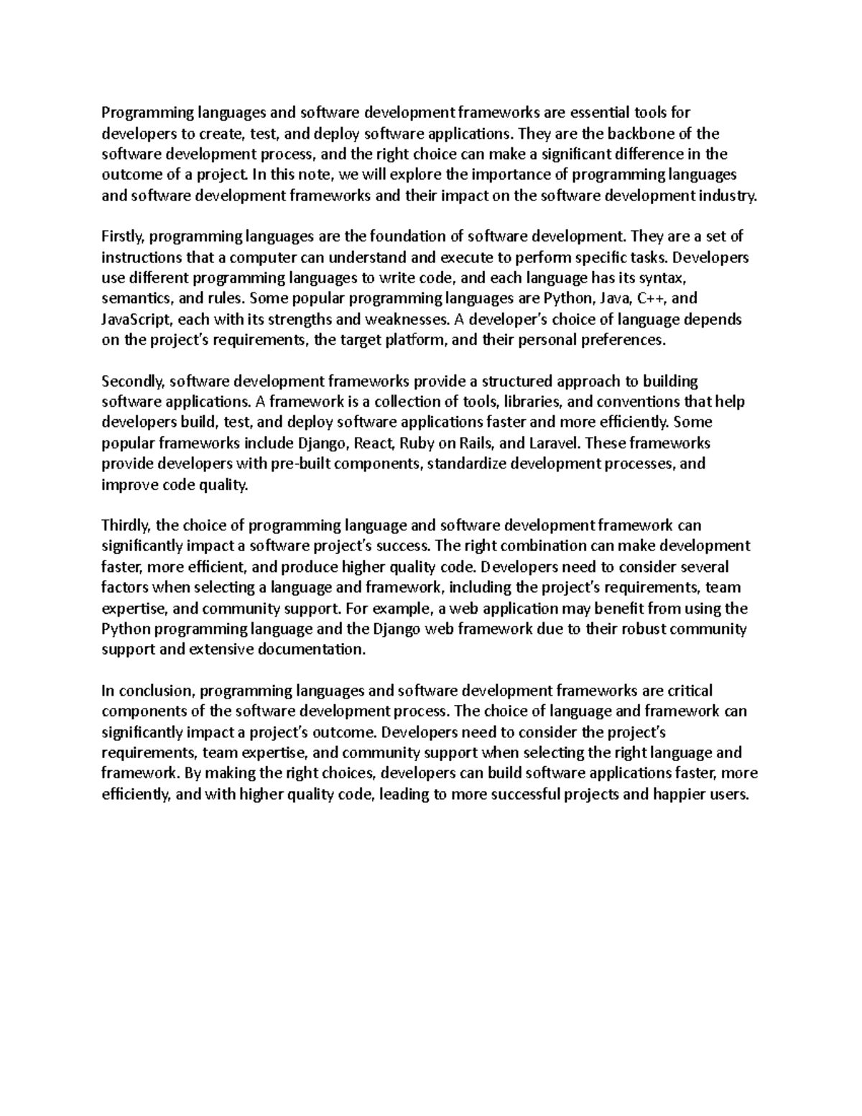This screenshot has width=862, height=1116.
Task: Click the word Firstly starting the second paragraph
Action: coord(123,236)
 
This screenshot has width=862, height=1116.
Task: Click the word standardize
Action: coord(467,464)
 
